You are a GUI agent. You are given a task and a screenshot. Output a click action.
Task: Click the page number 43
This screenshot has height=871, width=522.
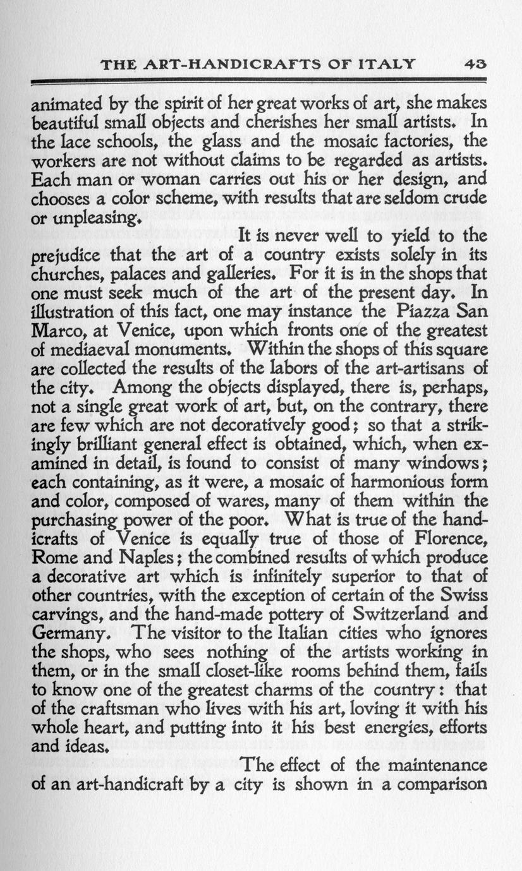(x=475, y=64)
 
